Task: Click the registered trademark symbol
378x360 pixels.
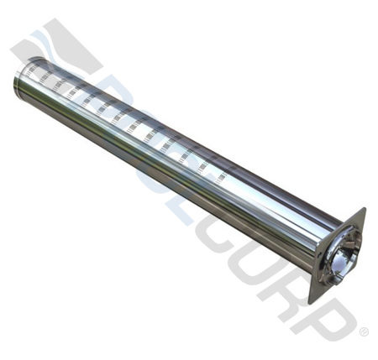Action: click(363, 333)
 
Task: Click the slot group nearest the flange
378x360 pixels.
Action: click(220, 178)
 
